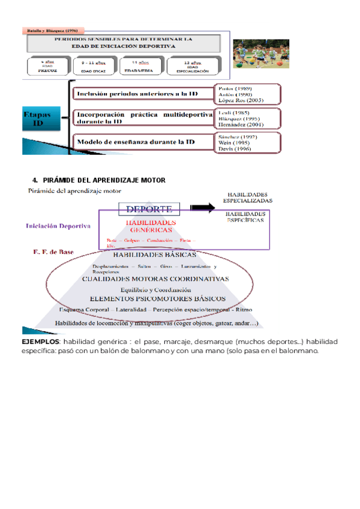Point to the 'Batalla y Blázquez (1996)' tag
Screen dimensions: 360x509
[54, 29]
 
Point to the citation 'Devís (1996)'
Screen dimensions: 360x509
[235, 149]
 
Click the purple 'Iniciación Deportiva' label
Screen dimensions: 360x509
[58, 226]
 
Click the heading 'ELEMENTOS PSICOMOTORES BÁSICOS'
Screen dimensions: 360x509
[157, 298]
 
